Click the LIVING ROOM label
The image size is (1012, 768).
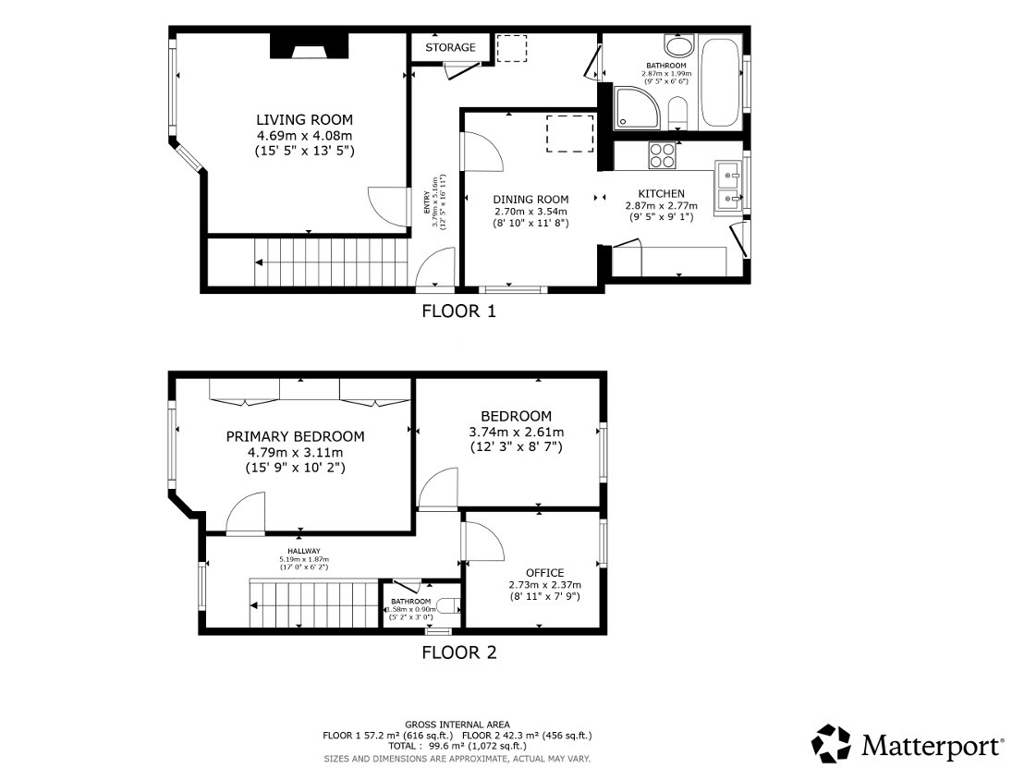pos(304,119)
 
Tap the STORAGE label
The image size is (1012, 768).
pos(451,47)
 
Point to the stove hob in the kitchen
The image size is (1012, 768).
pos(662,155)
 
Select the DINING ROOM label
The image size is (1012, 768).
pos(530,200)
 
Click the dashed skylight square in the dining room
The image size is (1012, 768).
pos(569,133)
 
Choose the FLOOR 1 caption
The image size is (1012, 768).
pos(458,311)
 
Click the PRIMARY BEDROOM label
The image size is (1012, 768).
pos(295,436)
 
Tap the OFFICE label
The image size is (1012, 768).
pos(544,573)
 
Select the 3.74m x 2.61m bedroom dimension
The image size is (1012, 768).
pos(516,432)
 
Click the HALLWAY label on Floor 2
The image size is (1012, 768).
pos(303,551)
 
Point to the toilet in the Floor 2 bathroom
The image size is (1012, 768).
pos(447,607)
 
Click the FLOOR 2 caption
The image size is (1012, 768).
pos(458,652)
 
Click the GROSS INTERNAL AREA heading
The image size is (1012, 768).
pos(457,725)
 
